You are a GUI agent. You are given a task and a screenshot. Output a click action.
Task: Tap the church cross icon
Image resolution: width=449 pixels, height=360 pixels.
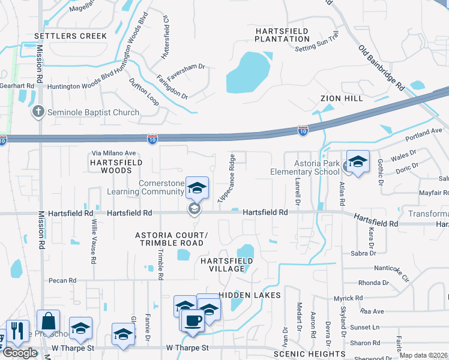[x=38, y=112]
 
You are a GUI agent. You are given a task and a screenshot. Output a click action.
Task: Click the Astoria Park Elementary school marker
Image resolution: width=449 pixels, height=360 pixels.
[x=358, y=163]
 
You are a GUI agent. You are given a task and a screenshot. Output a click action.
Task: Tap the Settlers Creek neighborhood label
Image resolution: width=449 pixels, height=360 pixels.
[x=71, y=36]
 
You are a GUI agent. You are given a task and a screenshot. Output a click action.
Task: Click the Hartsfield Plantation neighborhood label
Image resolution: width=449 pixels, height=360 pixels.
[x=282, y=35]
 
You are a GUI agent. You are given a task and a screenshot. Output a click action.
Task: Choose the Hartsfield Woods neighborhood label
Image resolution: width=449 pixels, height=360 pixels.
[x=116, y=166]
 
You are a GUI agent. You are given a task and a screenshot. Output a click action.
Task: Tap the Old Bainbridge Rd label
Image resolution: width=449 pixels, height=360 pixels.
[x=381, y=67]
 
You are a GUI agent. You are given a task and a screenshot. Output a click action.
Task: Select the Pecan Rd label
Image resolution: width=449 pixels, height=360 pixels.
[x=63, y=280]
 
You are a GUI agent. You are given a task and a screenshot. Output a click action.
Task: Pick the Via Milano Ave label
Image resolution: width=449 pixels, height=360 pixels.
[x=113, y=153]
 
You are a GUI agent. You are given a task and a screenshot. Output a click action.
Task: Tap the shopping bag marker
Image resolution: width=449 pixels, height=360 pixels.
[x=48, y=320]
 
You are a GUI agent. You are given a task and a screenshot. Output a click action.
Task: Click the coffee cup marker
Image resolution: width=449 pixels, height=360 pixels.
[x=192, y=319]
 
